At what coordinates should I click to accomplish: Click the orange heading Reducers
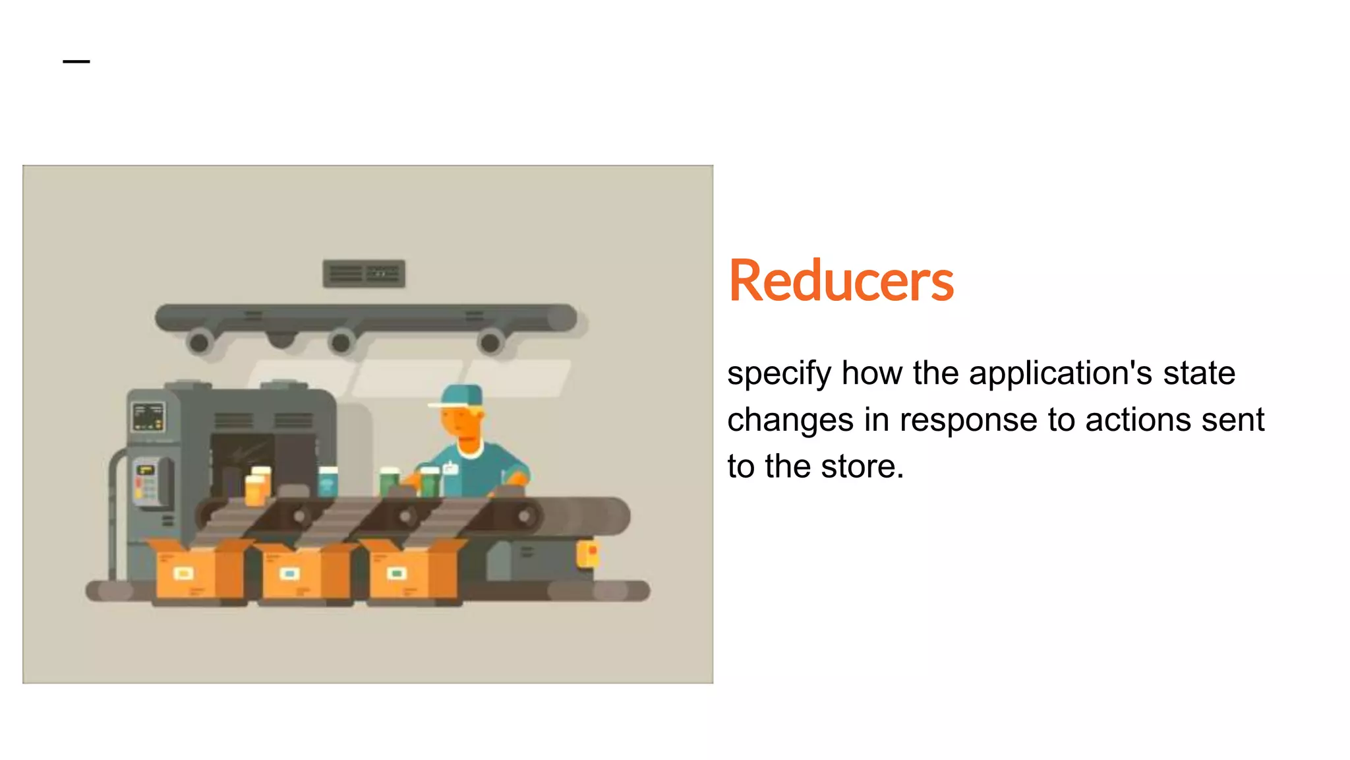pyautogui.click(x=840, y=282)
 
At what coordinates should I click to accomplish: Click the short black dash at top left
pyautogui.click(x=76, y=61)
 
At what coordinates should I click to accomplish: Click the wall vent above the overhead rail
pyautogui.click(x=364, y=273)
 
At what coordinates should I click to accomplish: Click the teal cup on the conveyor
pyautogui.click(x=328, y=482)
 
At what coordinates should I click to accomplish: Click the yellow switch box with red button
pyautogui.click(x=588, y=553)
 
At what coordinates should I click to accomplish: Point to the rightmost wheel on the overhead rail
pyautogui.click(x=490, y=342)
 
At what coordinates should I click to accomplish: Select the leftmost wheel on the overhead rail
pyautogui.click(x=198, y=342)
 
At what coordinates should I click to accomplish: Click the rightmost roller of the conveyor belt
pyautogui.click(x=525, y=516)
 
